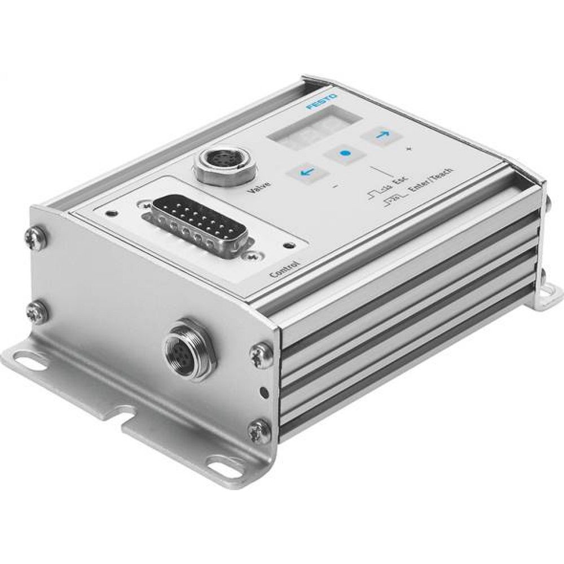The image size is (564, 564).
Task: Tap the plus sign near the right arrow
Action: pyautogui.click(x=408, y=149)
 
